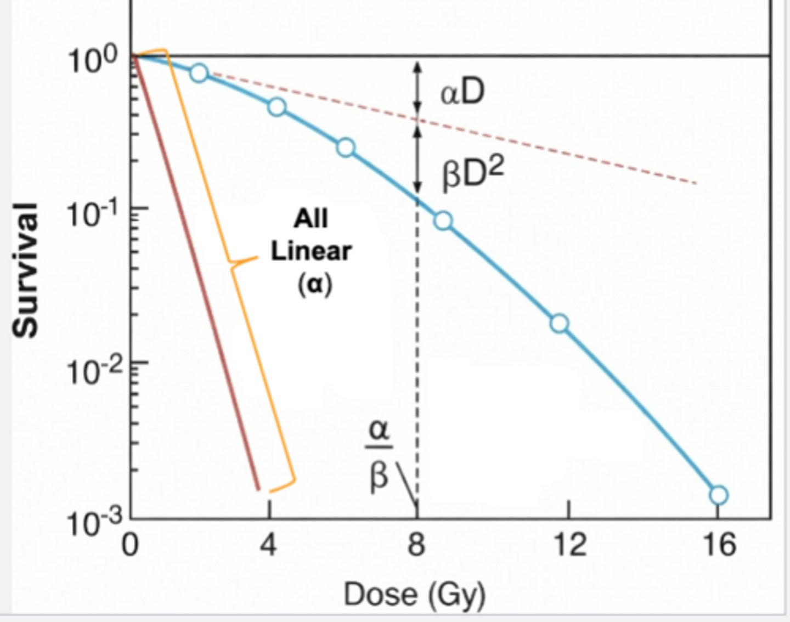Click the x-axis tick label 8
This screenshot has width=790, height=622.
(x=416, y=545)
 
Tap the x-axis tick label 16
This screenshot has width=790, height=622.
(x=718, y=545)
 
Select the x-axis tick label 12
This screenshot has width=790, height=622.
(x=569, y=545)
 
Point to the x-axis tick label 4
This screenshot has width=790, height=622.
(x=268, y=545)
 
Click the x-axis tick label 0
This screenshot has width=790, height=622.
(x=130, y=545)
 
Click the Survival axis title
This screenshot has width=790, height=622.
(x=26, y=269)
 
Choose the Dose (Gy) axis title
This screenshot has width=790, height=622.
(x=415, y=594)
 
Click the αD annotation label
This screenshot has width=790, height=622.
(x=462, y=92)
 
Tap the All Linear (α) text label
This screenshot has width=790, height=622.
(x=312, y=251)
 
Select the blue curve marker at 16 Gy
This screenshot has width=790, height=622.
(x=718, y=495)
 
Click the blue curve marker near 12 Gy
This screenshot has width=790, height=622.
(x=559, y=324)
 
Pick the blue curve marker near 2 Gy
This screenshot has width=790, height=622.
(x=199, y=72)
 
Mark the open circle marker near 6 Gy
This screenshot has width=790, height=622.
(x=346, y=148)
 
